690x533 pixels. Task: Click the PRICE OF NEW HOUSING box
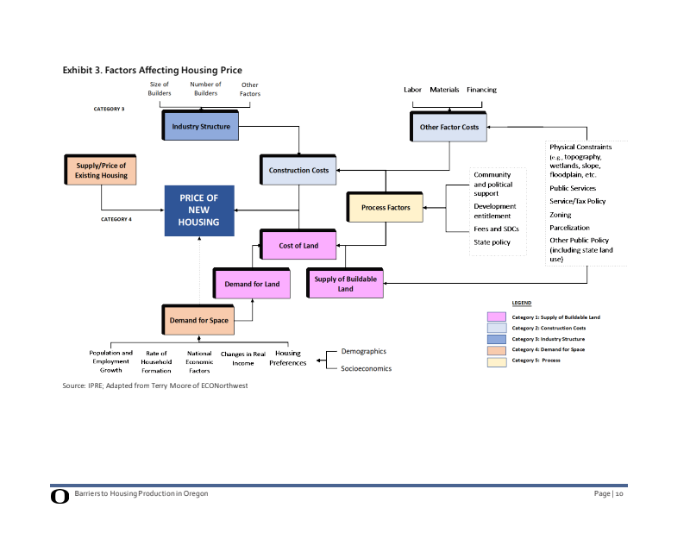pyautogui.click(x=199, y=210)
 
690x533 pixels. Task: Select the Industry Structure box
pyautogui.click(x=201, y=127)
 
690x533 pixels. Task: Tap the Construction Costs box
pyautogui.click(x=298, y=171)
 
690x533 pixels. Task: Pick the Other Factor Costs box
pyautogui.click(x=448, y=127)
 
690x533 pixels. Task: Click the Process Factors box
pyautogui.click(x=386, y=208)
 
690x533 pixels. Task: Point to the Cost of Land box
pyautogui.click(x=298, y=246)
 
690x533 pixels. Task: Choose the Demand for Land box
pyautogui.click(x=252, y=284)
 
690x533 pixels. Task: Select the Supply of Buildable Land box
pyautogui.click(x=345, y=284)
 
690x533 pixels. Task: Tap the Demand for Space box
pyautogui.click(x=198, y=321)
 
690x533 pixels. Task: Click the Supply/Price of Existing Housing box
pyautogui.click(x=102, y=170)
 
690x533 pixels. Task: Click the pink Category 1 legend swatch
pyautogui.click(x=496, y=317)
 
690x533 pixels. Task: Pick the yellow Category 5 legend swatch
pyautogui.click(x=496, y=361)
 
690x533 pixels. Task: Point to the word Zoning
pyautogui.click(x=561, y=215)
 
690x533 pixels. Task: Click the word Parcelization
pyautogui.click(x=569, y=228)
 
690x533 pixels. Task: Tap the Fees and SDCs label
pyautogui.click(x=496, y=229)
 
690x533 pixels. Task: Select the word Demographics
pyautogui.click(x=364, y=352)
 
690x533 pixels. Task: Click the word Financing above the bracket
pyautogui.click(x=481, y=90)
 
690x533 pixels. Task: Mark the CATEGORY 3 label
pyautogui.click(x=109, y=110)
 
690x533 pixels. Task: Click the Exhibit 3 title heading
pyautogui.click(x=152, y=70)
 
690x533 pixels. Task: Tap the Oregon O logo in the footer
pyautogui.click(x=60, y=496)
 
